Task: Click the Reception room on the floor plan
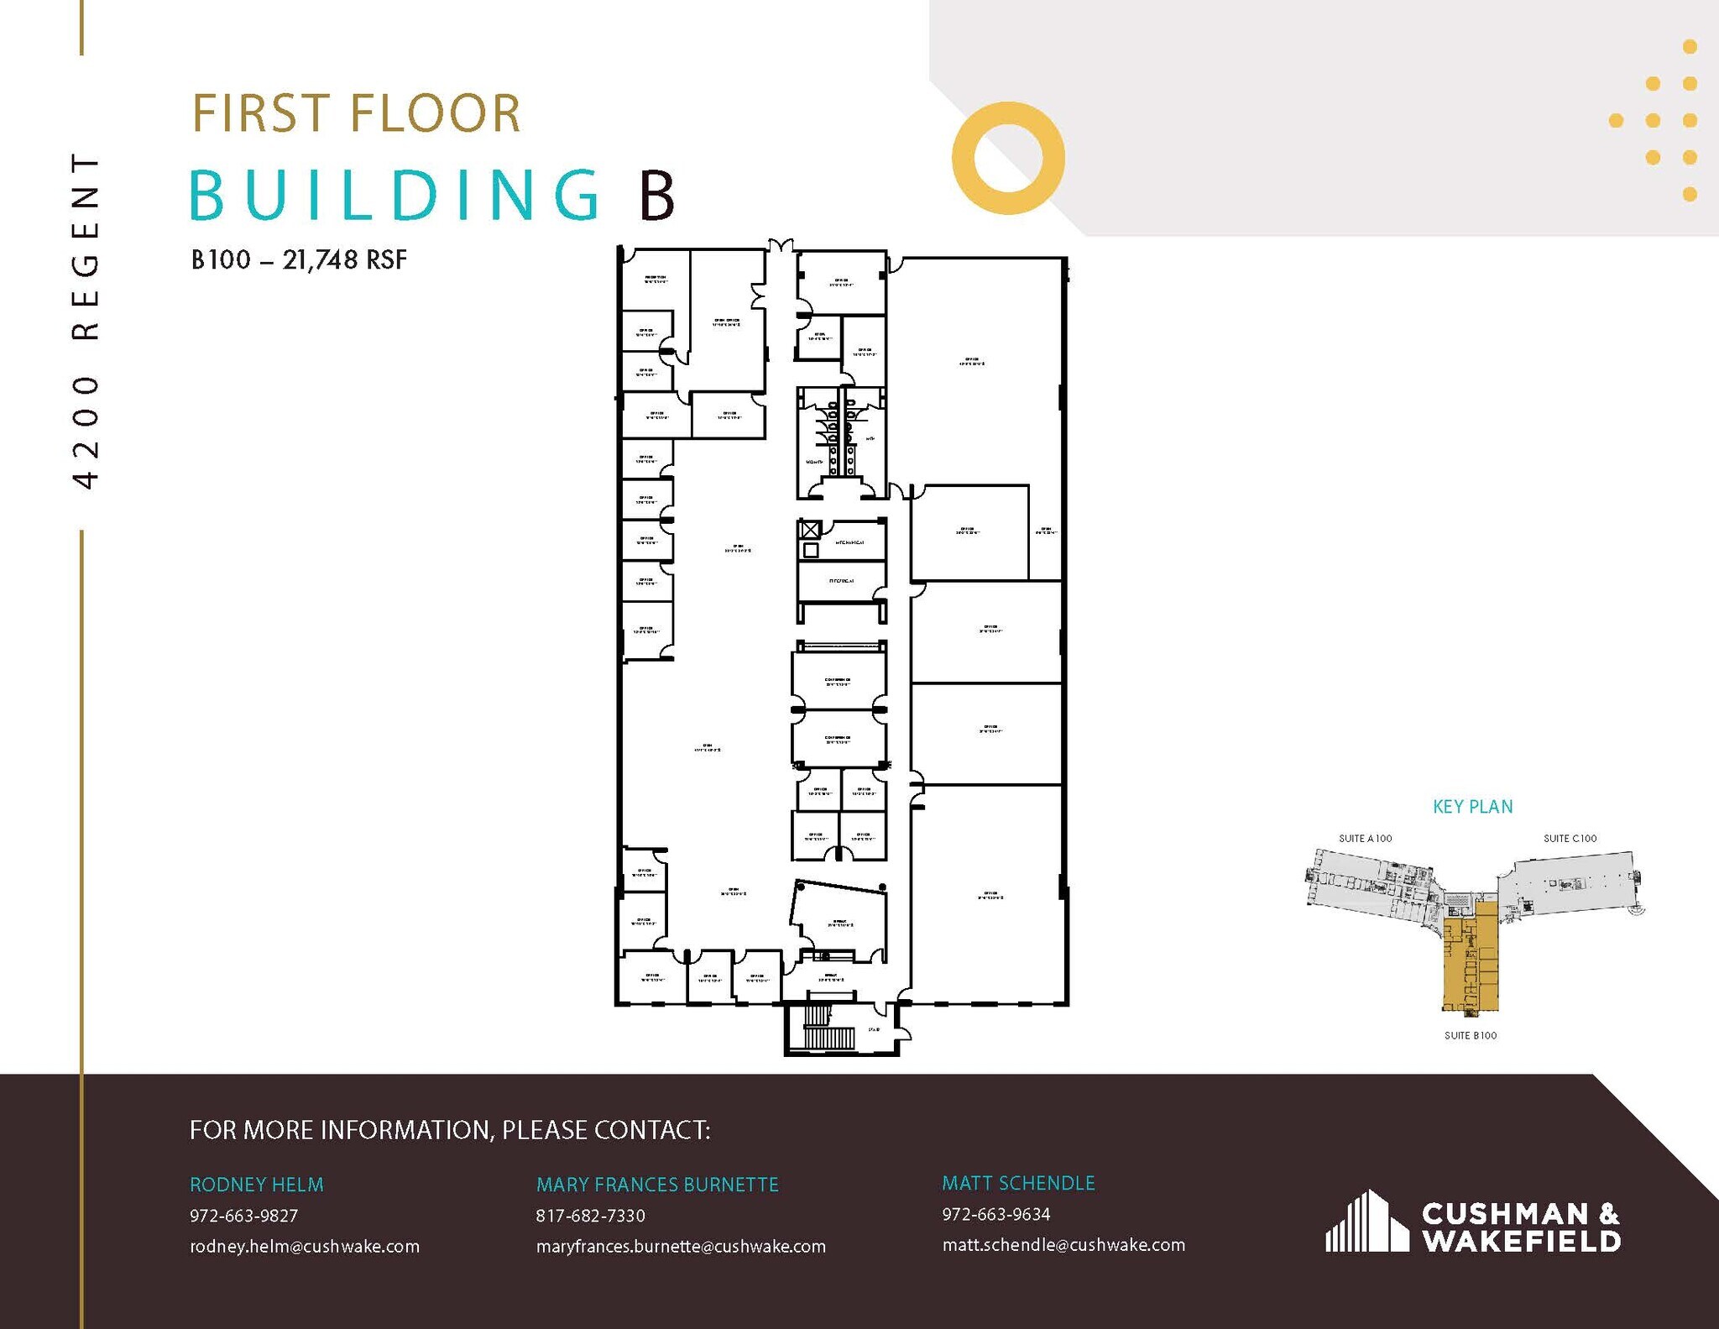[x=656, y=280]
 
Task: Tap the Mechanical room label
[x=849, y=542]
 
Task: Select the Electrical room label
[x=841, y=581]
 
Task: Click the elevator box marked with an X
[x=809, y=530]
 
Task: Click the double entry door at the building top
[x=781, y=246]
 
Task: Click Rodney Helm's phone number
[x=243, y=1216]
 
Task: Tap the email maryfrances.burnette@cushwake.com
[x=681, y=1247]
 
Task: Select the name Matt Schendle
[x=1018, y=1183]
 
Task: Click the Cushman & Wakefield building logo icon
[x=1366, y=1222]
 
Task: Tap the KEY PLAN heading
[x=1472, y=807]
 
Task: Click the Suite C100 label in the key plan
[x=1570, y=839]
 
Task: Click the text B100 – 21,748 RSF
[x=299, y=260]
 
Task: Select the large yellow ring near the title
[x=1008, y=157]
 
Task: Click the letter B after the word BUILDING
[x=657, y=196]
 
